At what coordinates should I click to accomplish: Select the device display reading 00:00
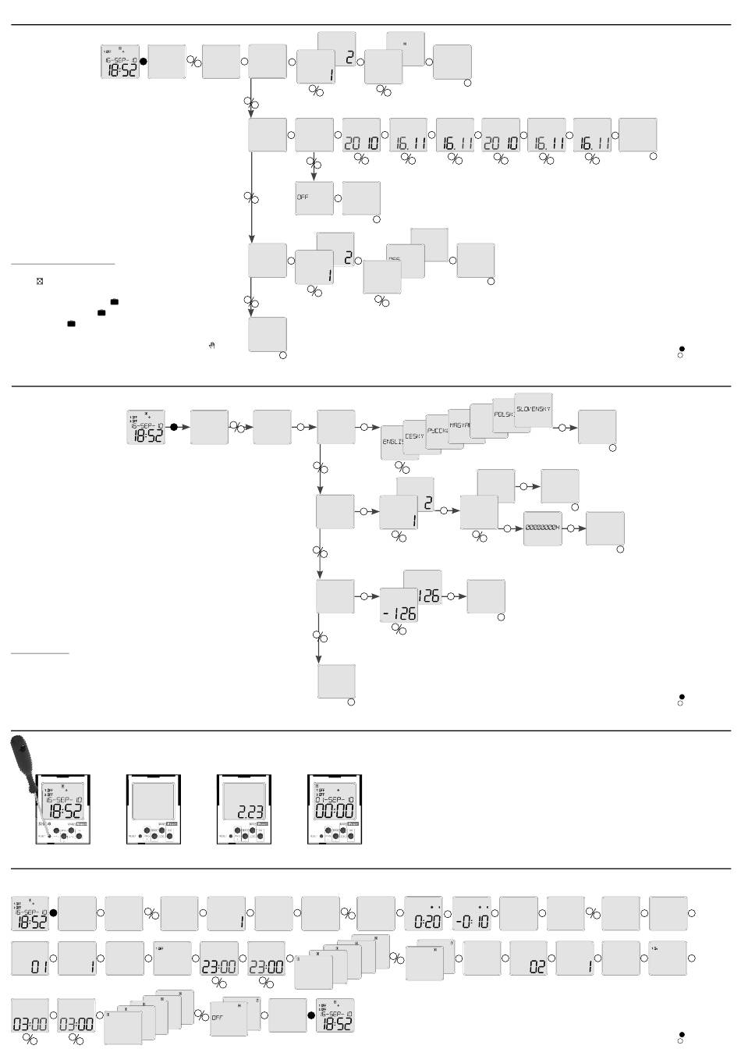(x=335, y=800)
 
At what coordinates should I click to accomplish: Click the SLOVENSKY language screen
(x=534, y=410)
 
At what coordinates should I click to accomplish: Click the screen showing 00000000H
(x=543, y=528)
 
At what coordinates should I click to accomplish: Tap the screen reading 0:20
(x=424, y=914)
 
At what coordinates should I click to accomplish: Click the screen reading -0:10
(x=472, y=914)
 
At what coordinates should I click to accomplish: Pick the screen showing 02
(x=529, y=958)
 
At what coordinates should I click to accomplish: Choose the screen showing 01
(x=30, y=958)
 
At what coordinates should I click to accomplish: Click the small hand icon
(x=211, y=345)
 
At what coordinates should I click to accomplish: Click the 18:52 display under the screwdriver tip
(x=64, y=800)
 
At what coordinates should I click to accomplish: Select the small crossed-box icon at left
(x=39, y=281)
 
